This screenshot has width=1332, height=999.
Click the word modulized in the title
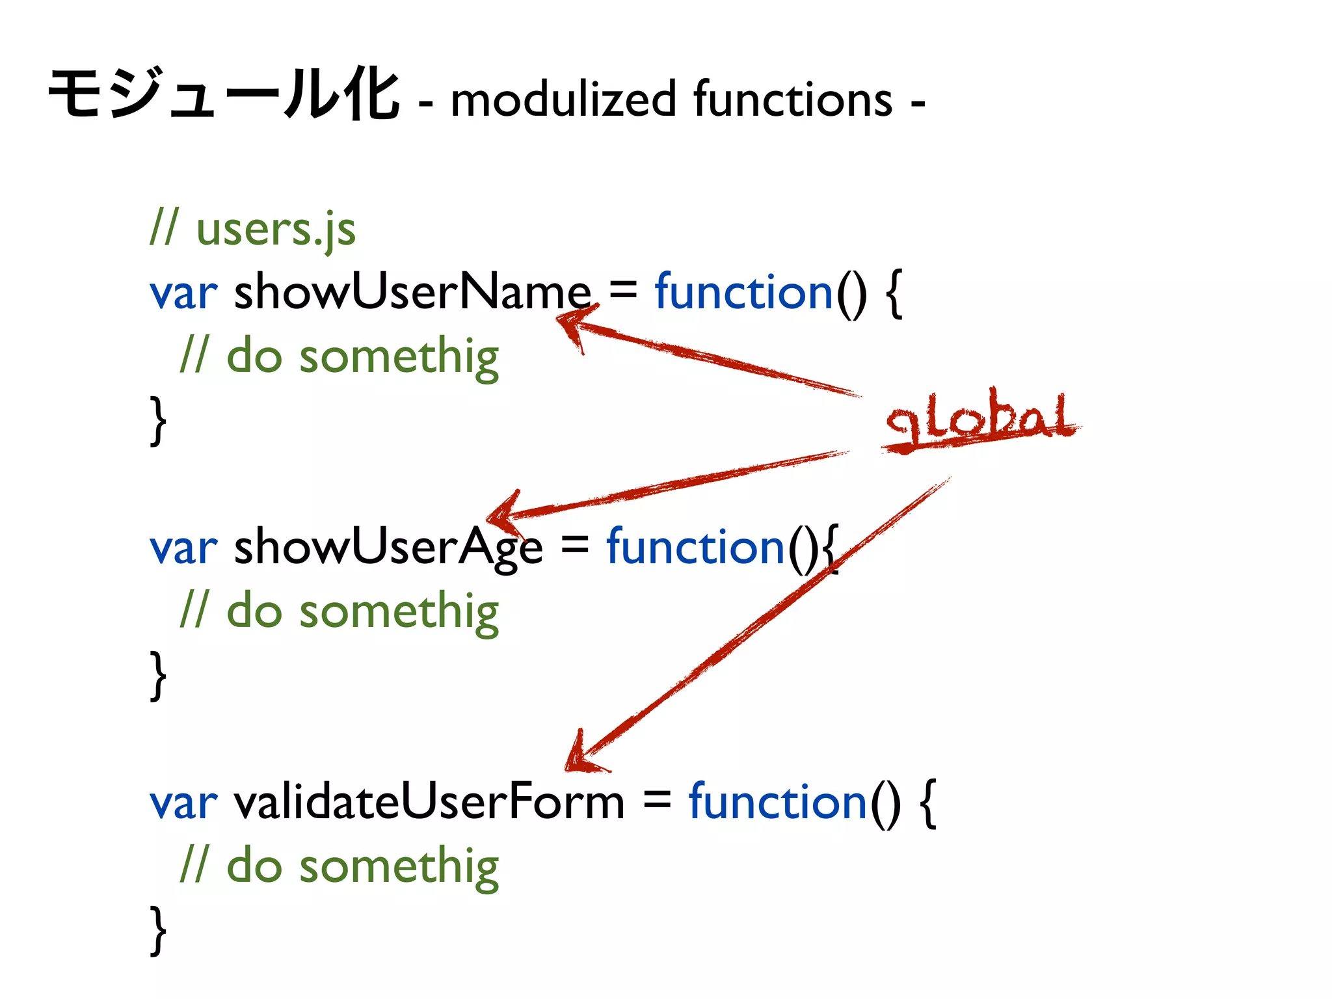pos(563,100)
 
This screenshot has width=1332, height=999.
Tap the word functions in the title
pos(793,100)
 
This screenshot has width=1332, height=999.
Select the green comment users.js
pos(276,230)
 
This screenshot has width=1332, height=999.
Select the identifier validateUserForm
pos(429,803)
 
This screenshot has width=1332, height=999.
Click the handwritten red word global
pos(979,419)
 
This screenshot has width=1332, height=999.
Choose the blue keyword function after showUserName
pos(743,292)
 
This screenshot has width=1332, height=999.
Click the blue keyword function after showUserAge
pos(695,548)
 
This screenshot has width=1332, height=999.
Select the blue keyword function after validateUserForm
pos(778,803)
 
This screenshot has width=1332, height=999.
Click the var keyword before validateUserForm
pos(183,804)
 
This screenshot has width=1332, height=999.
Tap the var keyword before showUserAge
pos(183,549)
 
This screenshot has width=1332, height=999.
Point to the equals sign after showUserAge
pos(574,545)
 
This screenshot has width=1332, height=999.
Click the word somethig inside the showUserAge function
pos(399,612)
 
